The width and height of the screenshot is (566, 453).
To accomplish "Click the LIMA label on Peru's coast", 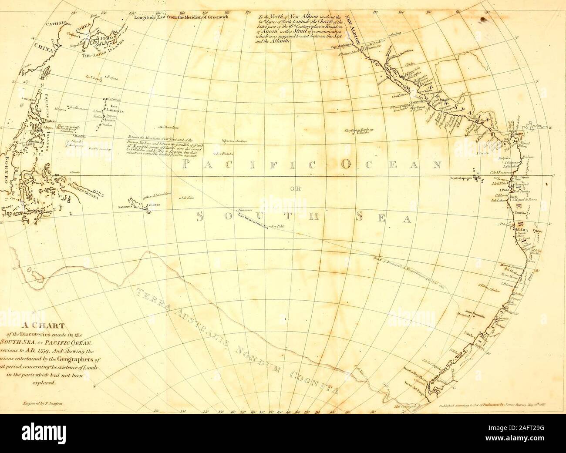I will click(520, 228).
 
